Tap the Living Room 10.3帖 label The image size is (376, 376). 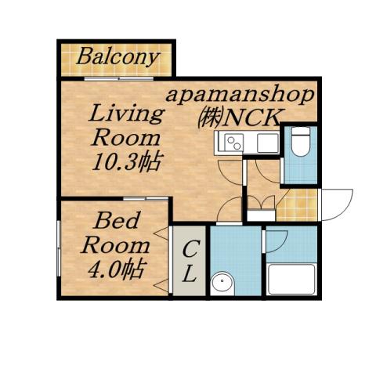(128, 138)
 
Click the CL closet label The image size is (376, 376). (190, 262)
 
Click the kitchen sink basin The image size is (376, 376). (266, 143)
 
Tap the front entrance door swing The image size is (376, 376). (335, 204)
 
